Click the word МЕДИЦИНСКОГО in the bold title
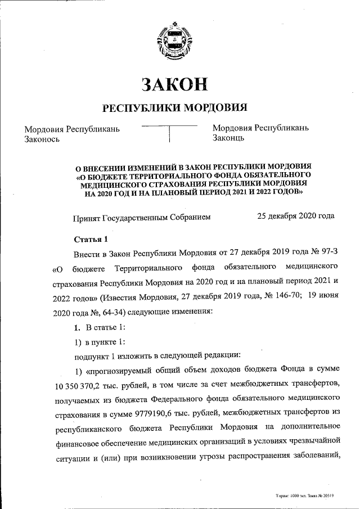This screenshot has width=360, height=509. tap(112, 183)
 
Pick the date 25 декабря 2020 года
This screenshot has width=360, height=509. tap(295, 215)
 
